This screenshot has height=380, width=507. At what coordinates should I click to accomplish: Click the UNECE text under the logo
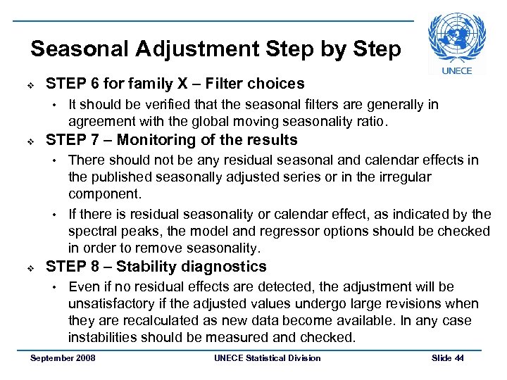(x=457, y=70)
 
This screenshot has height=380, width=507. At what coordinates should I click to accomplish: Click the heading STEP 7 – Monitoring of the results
(x=171, y=139)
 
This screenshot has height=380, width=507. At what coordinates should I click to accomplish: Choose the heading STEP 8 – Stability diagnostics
(x=156, y=266)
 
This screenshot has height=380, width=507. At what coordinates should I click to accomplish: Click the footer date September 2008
(x=63, y=358)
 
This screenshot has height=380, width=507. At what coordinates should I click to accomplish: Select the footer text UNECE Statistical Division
(x=267, y=358)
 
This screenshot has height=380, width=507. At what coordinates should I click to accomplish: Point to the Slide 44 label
(x=448, y=358)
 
